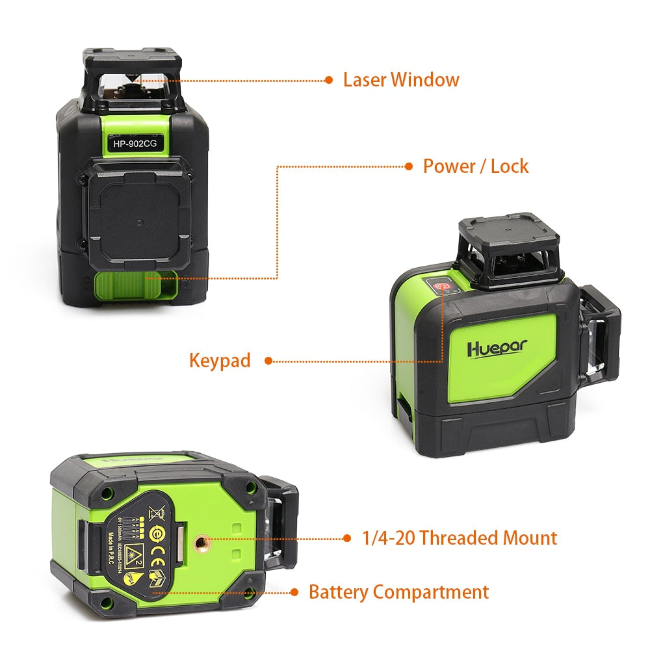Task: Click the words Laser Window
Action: pos(401,80)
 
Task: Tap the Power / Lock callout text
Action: pos(476,166)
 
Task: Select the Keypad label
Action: pos(220,360)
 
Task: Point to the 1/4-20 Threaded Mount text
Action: pos(460,538)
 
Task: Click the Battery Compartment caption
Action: pos(398,592)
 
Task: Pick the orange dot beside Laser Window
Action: pos(329,80)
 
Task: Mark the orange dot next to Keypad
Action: pos(268,361)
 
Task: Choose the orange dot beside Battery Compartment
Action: pos(294,592)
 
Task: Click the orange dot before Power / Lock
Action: pos(409,166)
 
